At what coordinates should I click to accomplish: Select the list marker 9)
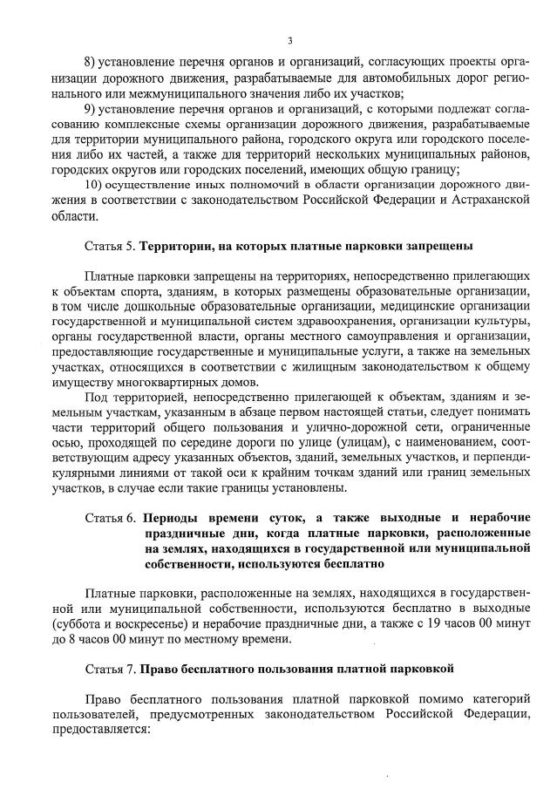click(90, 109)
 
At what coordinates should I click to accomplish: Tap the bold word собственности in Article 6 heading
click(186, 564)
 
